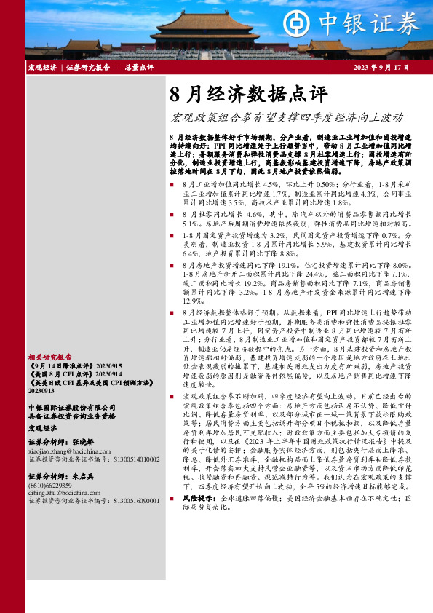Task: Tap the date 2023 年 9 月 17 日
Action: coord(377,68)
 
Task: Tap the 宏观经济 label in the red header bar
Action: coord(41,68)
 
